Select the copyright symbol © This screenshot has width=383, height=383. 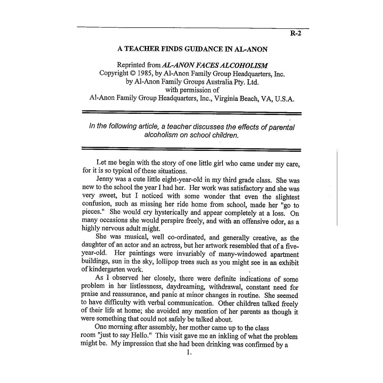click(130, 74)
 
